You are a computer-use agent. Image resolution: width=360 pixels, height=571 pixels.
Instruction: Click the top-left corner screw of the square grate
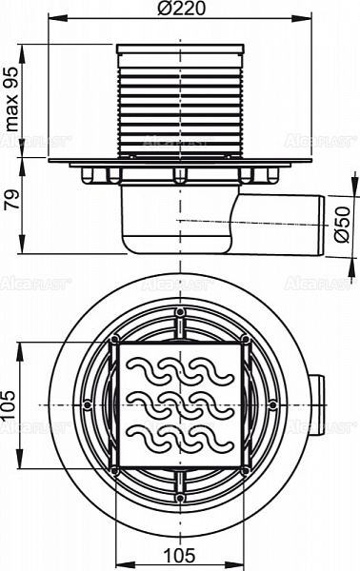click(x=115, y=341)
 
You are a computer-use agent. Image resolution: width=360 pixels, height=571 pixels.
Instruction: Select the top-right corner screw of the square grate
click(x=246, y=341)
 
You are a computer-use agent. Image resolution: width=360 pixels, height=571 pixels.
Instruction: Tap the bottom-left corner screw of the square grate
click(x=115, y=470)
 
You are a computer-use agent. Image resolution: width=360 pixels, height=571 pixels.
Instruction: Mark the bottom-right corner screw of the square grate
click(x=246, y=470)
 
